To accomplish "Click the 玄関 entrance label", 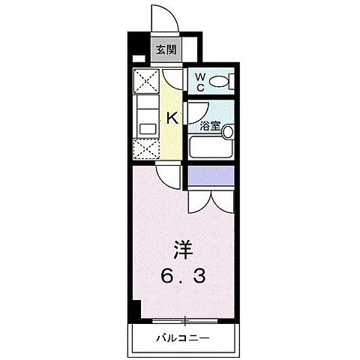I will (166, 51).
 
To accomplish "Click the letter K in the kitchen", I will (172, 117).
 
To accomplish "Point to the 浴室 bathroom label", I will (207, 126).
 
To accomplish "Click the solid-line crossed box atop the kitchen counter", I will (145, 80).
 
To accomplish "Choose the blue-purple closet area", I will (211, 176).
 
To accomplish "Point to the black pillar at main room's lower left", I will (138, 307).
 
